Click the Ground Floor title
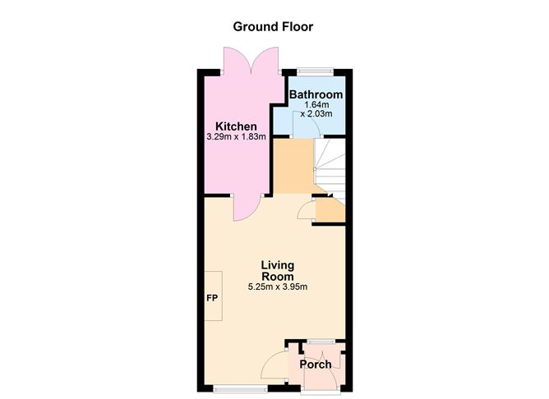[x=273, y=26]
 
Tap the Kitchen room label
[x=236, y=126]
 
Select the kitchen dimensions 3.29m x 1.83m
[x=236, y=137]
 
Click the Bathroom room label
[x=316, y=95]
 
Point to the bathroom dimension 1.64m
[x=316, y=105]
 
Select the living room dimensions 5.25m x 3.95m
[x=277, y=287]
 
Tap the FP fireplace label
[x=211, y=297]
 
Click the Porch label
[x=316, y=365]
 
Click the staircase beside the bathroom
[x=330, y=165]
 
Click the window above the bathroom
[x=316, y=71]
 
